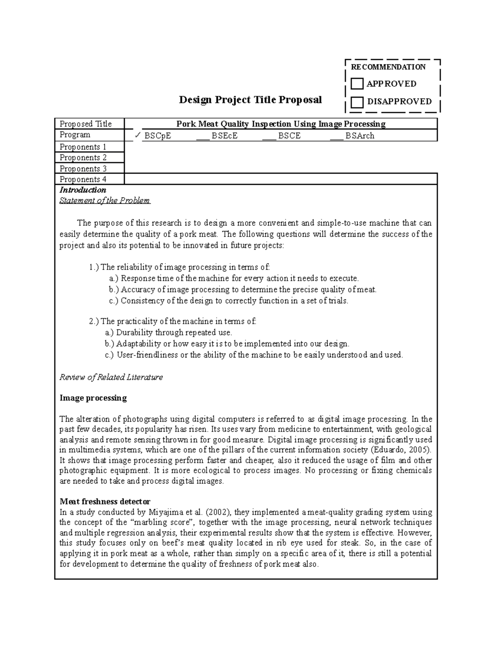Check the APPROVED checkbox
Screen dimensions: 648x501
357,84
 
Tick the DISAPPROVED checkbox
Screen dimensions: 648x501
357,102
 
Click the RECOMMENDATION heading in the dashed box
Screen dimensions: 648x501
388,67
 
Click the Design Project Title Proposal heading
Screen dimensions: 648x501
250,100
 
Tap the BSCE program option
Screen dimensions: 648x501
289,136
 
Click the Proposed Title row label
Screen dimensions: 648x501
86,124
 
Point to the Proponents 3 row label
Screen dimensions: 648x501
83,169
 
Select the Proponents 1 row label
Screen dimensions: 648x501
83,147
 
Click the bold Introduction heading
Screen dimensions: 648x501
83,190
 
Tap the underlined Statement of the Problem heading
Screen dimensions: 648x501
104,201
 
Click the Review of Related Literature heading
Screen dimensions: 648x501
111,377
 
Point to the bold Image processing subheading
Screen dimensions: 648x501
93,398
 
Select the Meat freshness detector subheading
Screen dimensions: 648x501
105,501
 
